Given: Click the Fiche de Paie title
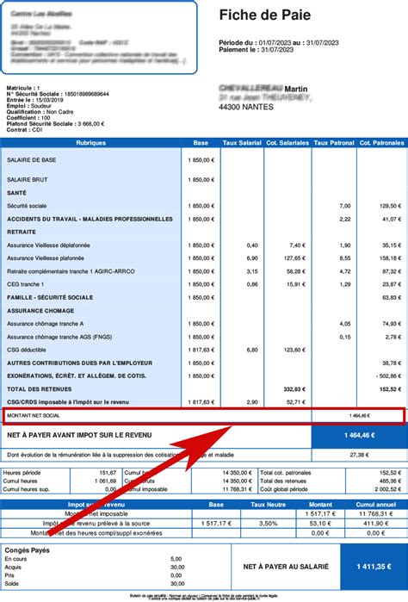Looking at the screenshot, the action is coord(264,16).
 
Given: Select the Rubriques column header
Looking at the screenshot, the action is coord(90,142).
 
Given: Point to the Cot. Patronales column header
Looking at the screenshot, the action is coord(380,142).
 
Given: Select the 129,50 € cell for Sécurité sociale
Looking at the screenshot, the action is coord(388,206).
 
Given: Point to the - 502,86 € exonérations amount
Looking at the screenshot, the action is coord(386,375).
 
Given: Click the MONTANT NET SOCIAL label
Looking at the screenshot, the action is coord(34,416).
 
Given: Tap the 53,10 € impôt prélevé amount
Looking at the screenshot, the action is coord(318,523).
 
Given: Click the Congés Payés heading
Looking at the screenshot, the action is coord(28,549).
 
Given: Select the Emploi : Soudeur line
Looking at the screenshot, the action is coord(28,105).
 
